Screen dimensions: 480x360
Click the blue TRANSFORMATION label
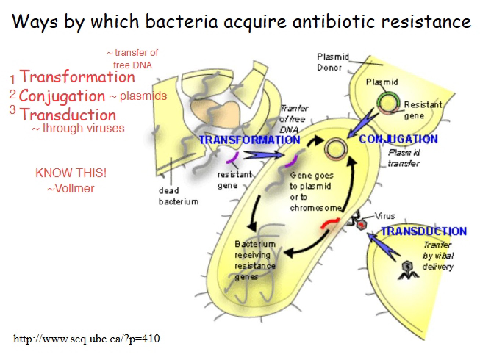250,140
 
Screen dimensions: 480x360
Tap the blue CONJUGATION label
398,139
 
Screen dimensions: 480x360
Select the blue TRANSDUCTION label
424,231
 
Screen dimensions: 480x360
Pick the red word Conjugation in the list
62,96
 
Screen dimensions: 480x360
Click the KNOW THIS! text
71,173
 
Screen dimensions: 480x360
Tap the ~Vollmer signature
71,188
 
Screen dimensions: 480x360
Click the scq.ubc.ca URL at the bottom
87,339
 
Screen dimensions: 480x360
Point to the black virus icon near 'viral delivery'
408,270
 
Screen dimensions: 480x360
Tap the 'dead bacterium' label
179,196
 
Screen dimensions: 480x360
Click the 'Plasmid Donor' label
333,62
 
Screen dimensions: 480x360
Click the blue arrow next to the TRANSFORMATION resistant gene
263,155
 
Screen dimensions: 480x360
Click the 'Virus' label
385,216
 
